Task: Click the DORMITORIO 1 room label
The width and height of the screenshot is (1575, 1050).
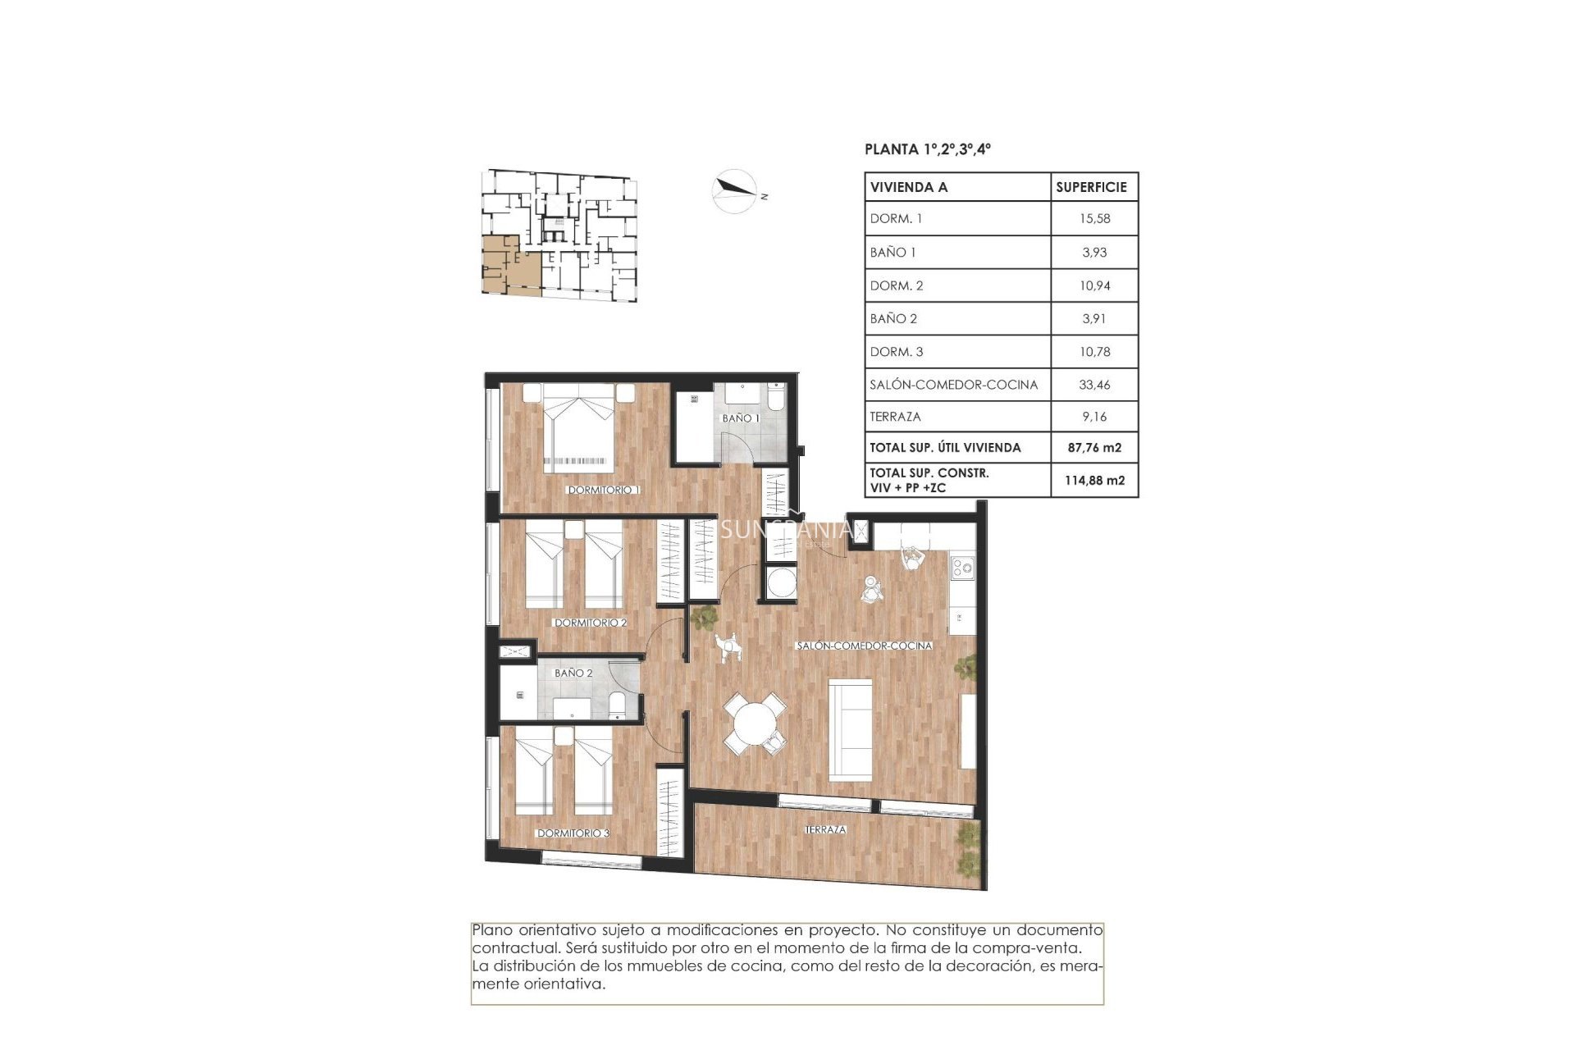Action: pyautogui.click(x=603, y=490)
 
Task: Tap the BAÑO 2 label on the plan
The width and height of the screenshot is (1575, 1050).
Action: pyautogui.click(x=573, y=673)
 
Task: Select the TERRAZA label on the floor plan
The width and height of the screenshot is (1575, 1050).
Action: pyautogui.click(x=825, y=829)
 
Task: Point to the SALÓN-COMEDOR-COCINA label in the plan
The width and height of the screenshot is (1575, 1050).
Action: pyautogui.click(x=864, y=646)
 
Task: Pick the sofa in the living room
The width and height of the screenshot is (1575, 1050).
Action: pyautogui.click(x=851, y=729)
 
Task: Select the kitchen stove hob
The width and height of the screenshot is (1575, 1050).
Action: pyautogui.click(x=962, y=567)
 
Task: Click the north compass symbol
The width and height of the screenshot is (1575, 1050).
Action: pyautogui.click(x=734, y=191)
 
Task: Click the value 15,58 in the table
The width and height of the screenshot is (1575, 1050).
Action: pyautogui.click(x=1094, y=219)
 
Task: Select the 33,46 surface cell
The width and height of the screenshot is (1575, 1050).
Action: pyautogui.click(x=1094, y=385)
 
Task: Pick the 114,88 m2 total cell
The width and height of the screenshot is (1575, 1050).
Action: pyautogui.click(x=1094, y=481)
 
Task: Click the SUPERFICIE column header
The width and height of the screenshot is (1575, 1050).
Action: pyautogui.click(x=1091, y=187)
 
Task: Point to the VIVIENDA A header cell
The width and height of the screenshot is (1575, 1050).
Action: pyautogui.click(x=909, y=187)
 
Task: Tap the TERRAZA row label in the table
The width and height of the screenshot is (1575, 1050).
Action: pyautogui.click(x=895, y=417)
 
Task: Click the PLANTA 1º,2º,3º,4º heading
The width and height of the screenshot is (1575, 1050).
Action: pyautogui.click(x=928, y=149)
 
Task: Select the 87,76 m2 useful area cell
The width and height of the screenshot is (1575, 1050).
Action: pyautogui.click(x=1094, y=448)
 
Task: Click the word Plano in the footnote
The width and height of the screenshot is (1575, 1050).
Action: pyautogui.click(x=491, y=930)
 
